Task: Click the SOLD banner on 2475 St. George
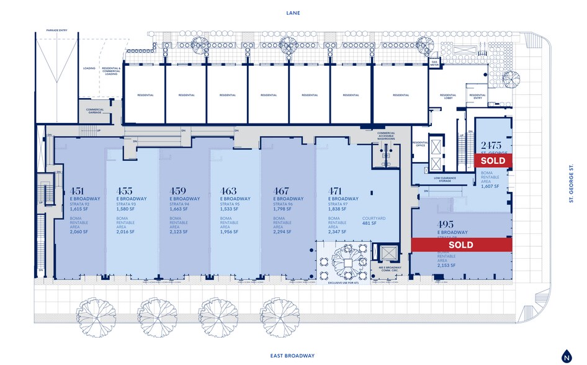493,160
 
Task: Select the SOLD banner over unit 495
461,245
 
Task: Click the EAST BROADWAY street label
293,356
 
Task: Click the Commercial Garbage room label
95,111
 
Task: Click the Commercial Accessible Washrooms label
386,136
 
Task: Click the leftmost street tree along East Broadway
96,310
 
